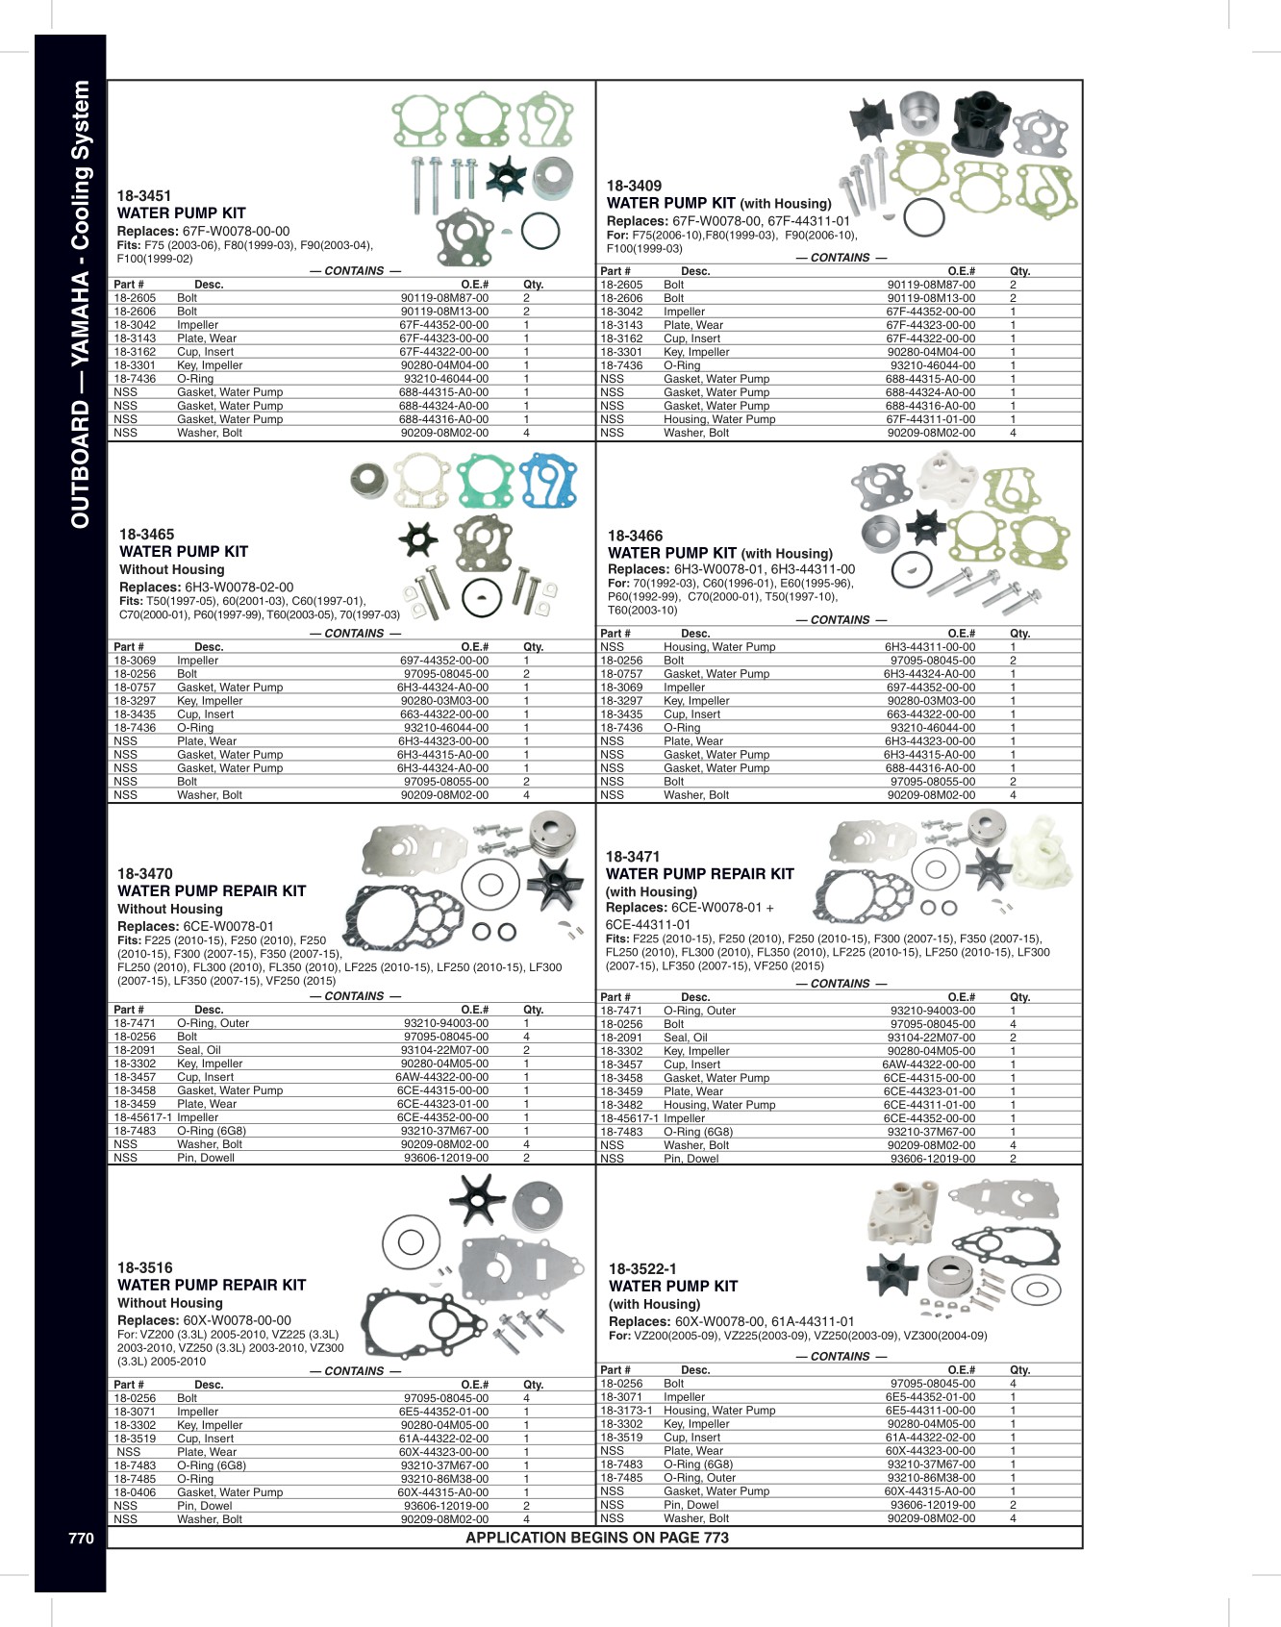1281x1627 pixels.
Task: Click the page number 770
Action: click(x=81, y=1538)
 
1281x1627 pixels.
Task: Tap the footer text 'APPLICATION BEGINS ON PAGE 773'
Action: click(x=597, y=1538)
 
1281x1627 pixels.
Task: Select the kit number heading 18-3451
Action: click(x=144, y=195)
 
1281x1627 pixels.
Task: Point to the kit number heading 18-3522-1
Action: click(x=642, y=1268)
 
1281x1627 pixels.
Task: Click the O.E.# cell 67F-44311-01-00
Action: click(x=930, y=419)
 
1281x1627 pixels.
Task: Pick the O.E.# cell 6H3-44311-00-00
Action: click(x=930, y=647)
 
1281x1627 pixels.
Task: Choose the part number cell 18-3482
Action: click(x=621, y=1105)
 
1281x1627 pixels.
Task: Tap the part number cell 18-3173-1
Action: click(x=626, y=1411)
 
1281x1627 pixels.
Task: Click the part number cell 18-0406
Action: click(x=135, y=1492)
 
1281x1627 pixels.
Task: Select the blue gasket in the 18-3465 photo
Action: click(x=549, y=481)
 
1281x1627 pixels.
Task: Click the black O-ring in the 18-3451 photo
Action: click(x=540, y=231)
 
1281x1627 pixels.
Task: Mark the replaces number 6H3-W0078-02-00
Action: click(x=239, y=587)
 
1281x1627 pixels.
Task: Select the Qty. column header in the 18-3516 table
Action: click(x=533, y=1385)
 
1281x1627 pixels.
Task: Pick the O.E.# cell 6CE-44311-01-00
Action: click(x=929, y=1105)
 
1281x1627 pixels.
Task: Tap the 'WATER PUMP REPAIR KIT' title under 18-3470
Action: click(x=212, y=891)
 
